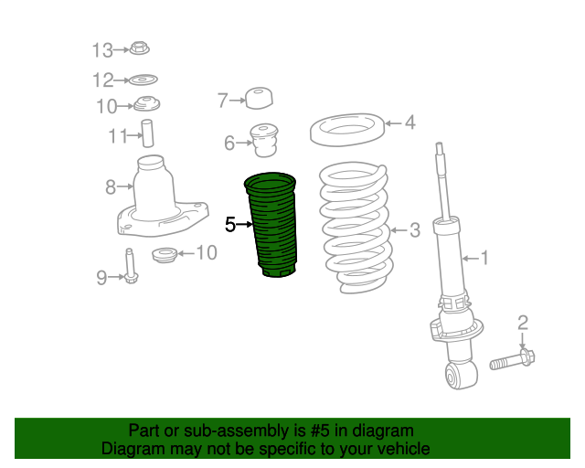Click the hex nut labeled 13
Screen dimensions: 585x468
(140, 48)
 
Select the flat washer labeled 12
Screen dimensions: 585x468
(144, 80)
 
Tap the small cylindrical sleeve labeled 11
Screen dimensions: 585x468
(147, 133)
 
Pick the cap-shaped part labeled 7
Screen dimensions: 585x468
(259, 98)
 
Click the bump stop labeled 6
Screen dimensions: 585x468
(264, 141)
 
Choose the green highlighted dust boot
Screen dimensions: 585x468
(271, 225)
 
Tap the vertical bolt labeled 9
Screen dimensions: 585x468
(130, 266)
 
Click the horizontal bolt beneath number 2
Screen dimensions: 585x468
(512, 360)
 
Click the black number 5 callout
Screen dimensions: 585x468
(230, 225)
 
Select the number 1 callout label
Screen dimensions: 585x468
(484, 258)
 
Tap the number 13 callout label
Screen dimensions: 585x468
(102, 50)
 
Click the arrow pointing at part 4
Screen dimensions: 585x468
(394, 123)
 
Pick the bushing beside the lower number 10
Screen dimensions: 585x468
(165, 254)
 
